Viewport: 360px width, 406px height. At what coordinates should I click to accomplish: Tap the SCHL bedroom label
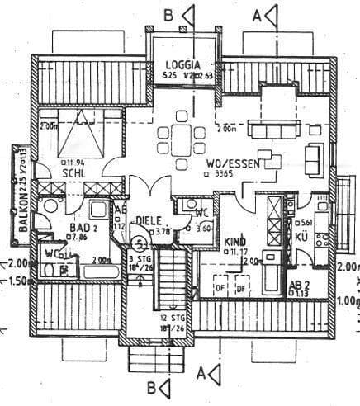(x=71, y=173)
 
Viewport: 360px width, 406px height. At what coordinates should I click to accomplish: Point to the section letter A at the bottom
(x=203, y=374)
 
